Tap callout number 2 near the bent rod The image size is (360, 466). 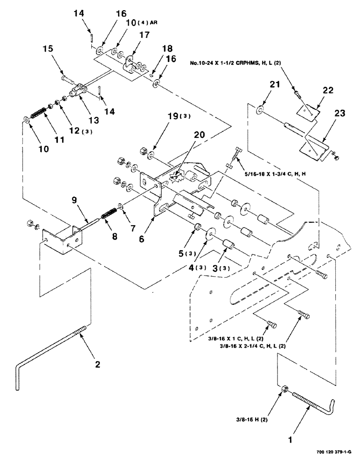tap(97, 364)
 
